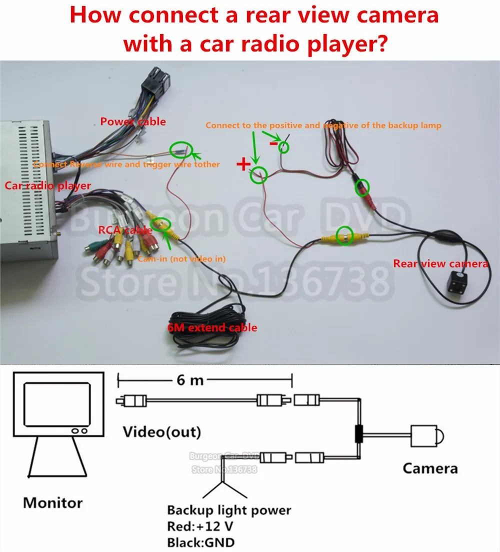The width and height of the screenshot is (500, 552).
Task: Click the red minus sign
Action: pyautogui.click(x=273, y=143)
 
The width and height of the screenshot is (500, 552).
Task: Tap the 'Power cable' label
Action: pyautogui.click(x=133, y=121)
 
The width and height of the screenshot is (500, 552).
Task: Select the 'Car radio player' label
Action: pyautogui.click(x=48, y=185)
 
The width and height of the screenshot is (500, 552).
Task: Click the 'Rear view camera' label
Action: pyautogui.click(x=440, y=263)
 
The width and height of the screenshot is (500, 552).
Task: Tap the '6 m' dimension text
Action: pyautogui.click(x=190, y=380)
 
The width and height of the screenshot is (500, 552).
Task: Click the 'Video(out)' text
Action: pyautogui.click(x=162, y=431)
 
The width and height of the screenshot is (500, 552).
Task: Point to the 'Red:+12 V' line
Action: pyautogui.click(x=200, y=526)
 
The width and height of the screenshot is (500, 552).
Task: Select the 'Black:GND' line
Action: pyautogui.click(x=200, y=542)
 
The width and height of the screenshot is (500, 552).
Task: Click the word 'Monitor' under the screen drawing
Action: pyautogui.click(x=53, y=502)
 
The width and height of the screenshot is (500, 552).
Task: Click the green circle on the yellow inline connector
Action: pyautogui.click(x=344, y=235)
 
